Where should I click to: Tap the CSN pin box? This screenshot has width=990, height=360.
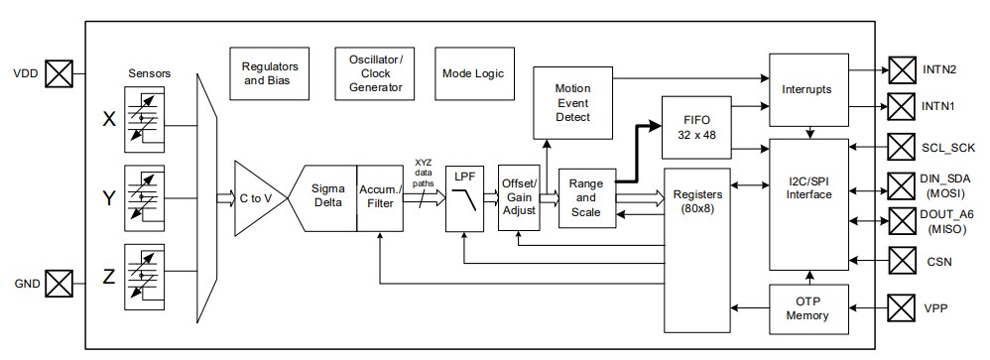click(902, 262)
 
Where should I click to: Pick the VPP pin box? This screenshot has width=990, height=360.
click(902, 308)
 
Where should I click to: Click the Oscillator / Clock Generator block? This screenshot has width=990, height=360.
click(375, 72)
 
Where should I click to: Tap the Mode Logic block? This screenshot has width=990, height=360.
click(473, 72)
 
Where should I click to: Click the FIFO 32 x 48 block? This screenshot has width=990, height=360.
click(696, 128)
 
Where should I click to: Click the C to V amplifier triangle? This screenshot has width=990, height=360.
click(254, 198)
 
